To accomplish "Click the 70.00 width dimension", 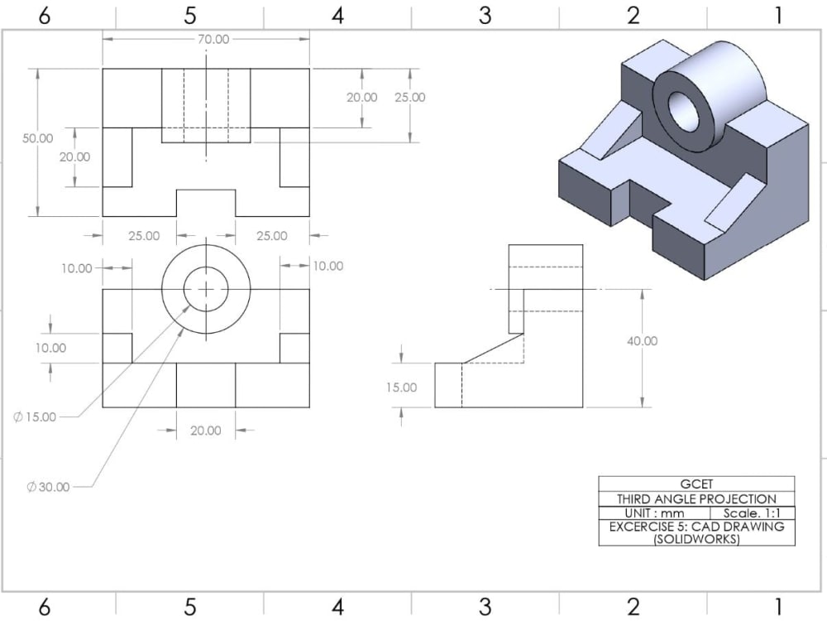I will (x=213, y=39).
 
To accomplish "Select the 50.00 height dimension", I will (x=37, y=139).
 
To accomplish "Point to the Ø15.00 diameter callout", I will (x=35, y=416).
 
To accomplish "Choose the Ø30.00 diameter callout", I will (x=48, y=487).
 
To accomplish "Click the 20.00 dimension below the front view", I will (x=206, y=430).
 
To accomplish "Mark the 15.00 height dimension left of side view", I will (x=401, y=388).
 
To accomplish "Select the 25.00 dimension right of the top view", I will (x=409, y=97).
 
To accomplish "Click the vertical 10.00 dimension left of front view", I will (x=50, y=348).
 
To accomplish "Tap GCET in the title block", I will (x=696, y=484).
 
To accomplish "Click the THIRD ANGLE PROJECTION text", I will (x=696, y=499).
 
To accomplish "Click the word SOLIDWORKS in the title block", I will (x=696, y=539).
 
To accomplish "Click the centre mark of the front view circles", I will (x=206, y=289).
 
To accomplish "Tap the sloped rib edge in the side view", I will (x=493, y=349).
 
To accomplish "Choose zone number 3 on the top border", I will (x=485, y=15).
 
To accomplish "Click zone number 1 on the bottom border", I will (x=778, y=607).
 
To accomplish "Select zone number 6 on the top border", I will (x=44, y=15).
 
